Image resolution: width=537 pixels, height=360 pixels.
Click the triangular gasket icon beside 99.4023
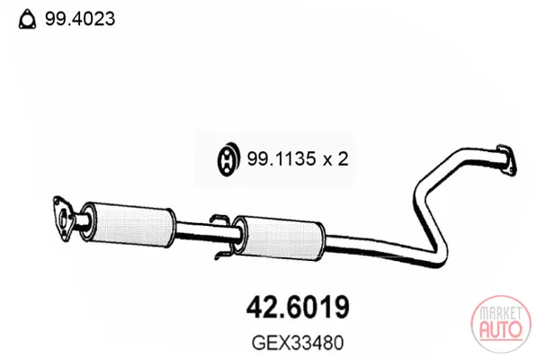[27, 20]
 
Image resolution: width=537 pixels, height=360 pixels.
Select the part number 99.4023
[80, 19]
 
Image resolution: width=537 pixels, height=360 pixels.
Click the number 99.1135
[282, 159]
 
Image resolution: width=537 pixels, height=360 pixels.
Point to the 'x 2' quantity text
[336, 159]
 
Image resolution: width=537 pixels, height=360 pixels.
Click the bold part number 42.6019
[298, 307]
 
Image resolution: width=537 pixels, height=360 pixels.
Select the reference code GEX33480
[297, 343]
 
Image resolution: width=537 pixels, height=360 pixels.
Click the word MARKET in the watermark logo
[501, 312]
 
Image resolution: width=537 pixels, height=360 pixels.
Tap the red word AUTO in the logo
[501, 329]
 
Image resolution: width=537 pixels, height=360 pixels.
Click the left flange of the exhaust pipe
[63, 219]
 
